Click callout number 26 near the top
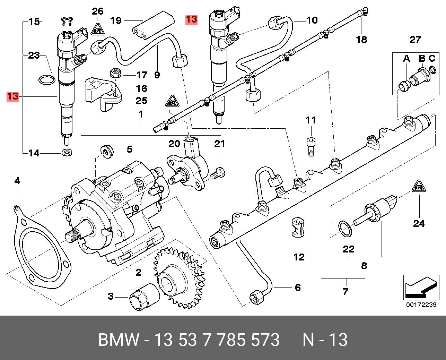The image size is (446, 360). click(98, 11)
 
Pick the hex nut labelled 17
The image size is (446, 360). click(115, 74)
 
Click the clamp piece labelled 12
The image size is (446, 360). click(298, 227)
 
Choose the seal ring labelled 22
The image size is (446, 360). click(345, 229)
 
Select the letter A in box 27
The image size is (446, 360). click(406, 59)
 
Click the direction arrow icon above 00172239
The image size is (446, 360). click(420, 286)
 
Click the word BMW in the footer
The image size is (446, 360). click(119, 340)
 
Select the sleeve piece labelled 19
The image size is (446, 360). click(152, 23)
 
